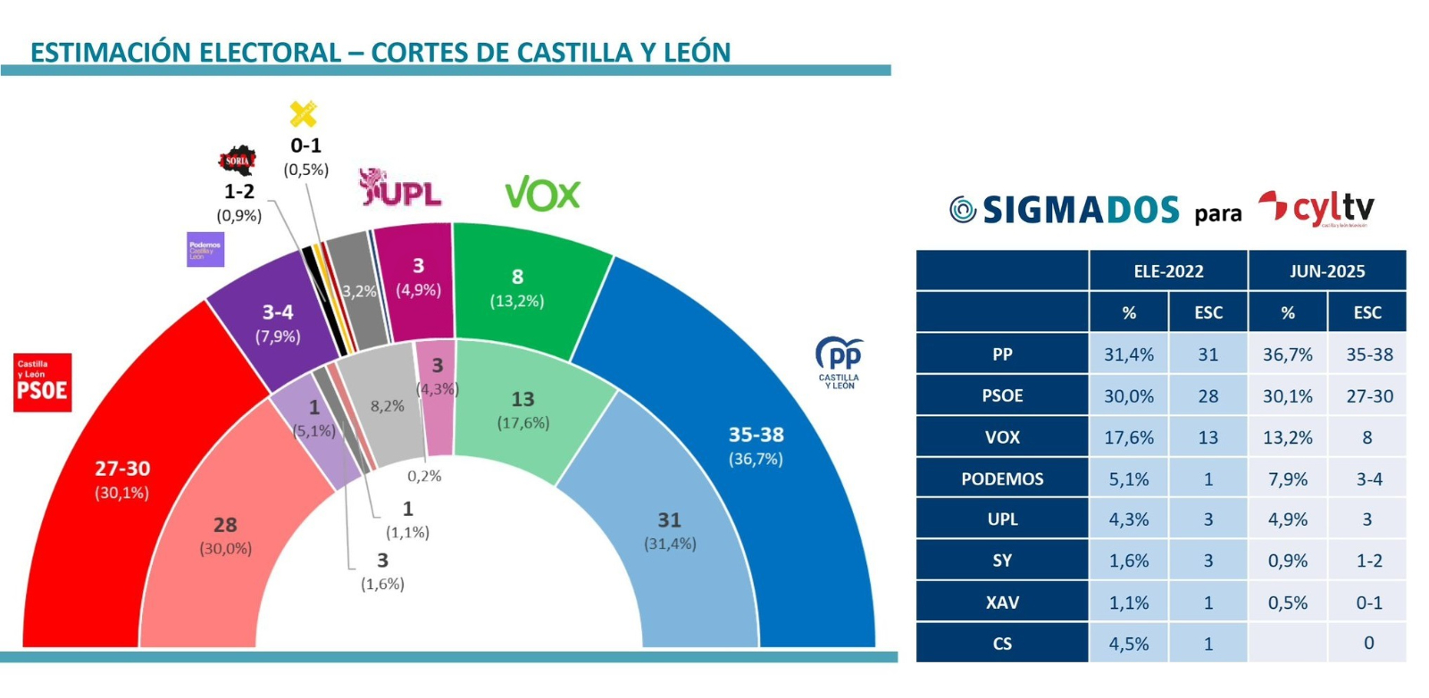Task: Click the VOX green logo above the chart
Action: [x=542, y=193]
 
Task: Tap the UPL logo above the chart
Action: [x=400, y=187]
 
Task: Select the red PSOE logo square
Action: [x=42, y=383]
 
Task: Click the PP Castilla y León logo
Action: [x=839, y=361]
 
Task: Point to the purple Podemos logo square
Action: [x=205, y=250]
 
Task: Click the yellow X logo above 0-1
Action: [x=304, y=114]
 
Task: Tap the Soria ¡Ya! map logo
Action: [x=238, y=160]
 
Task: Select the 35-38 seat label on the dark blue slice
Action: [x=756, y=435]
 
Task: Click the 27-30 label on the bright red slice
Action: [x=122, y=469]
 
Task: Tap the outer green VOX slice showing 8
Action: [x=517, y=286]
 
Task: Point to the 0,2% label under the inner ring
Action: [x=424, y=476]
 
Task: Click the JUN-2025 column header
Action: [x=1326, y=271]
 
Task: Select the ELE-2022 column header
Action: [x=1168, y=271]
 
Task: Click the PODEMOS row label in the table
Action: [x=1002, y=478]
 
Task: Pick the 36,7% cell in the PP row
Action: [x=1287, y=354]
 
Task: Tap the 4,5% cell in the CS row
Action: [x=1128, y=644]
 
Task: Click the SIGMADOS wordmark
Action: [x=1081, y=210]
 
